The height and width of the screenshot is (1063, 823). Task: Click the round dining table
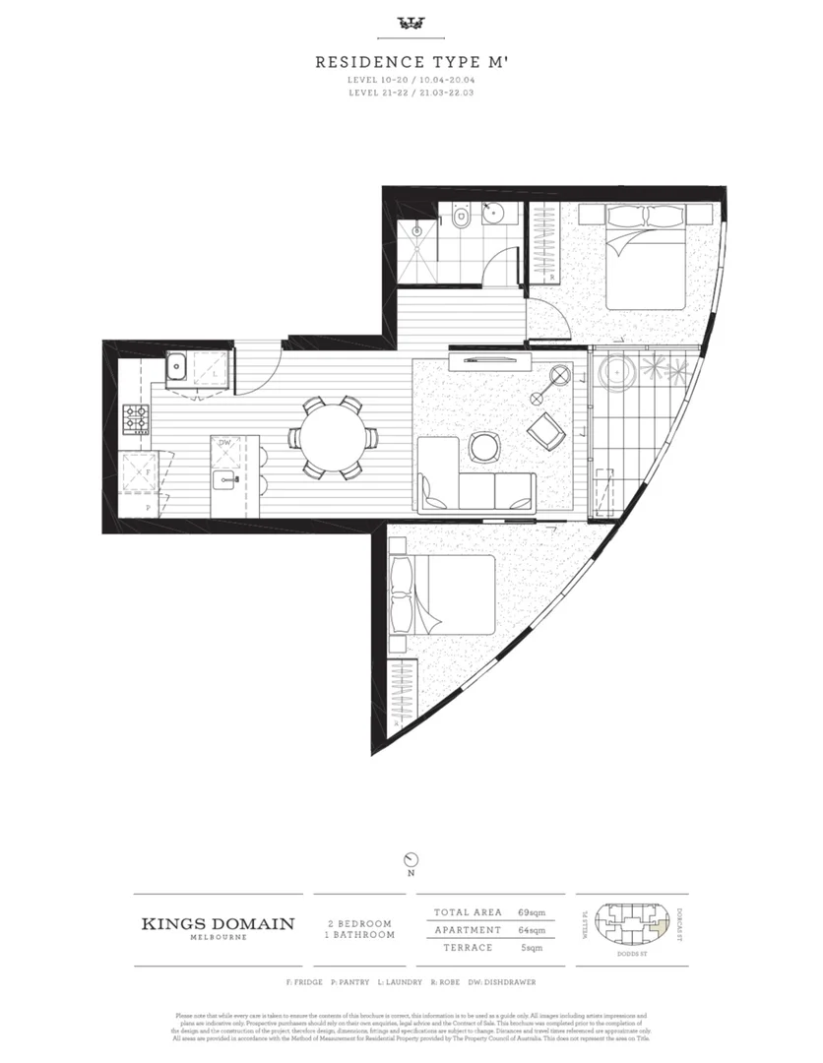point(331,436)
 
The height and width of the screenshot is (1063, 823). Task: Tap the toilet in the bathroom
point(459,219)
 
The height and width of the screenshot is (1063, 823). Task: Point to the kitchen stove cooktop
point(135,419)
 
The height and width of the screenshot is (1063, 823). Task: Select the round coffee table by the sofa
point(485,447)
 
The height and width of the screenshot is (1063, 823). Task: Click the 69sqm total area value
point(532,912)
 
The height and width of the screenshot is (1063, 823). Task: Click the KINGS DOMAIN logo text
point(218,924)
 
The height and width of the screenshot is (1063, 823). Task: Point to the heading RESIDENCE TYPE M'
point(411,61)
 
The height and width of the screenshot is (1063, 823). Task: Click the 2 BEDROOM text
point(360,923)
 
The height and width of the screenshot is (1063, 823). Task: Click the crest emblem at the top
point(411,23)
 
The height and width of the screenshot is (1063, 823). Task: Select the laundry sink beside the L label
point(179,367)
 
